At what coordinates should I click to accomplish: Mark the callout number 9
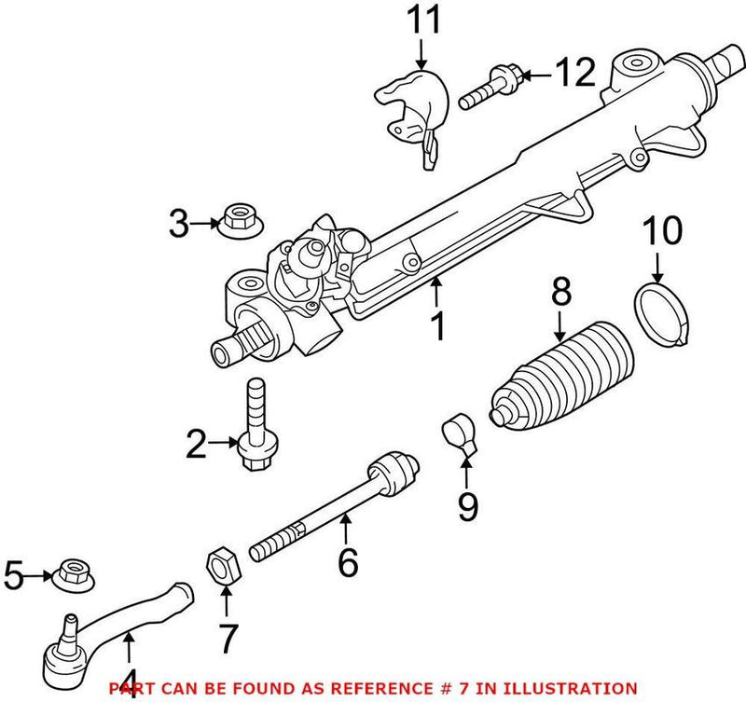466,505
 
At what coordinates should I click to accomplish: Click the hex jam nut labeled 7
222,563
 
